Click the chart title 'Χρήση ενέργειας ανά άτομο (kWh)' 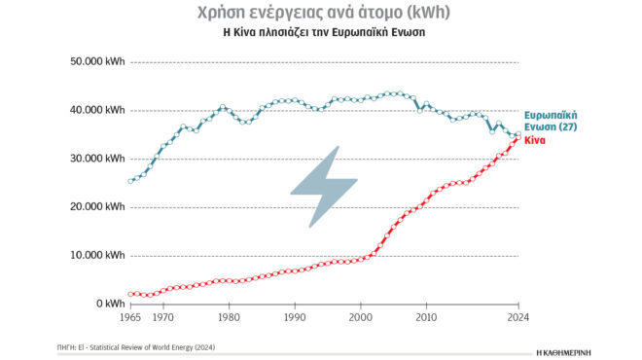[321, 13]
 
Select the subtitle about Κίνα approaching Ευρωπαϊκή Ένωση [321, 32]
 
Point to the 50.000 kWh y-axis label [94, 62]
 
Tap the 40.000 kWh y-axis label [94, 111]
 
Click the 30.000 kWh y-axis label [94, 159]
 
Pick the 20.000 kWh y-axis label [94, 207]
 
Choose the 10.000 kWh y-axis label [94, 256]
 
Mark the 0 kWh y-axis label [106, 304]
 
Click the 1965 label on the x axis [131, 317]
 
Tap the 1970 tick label [163, 317]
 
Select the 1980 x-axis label [229, 317]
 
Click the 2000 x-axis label [360, 317]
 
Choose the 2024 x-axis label [517, 317]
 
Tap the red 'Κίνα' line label [536, 141]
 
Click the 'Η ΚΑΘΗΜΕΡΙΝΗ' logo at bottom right [564, 347]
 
